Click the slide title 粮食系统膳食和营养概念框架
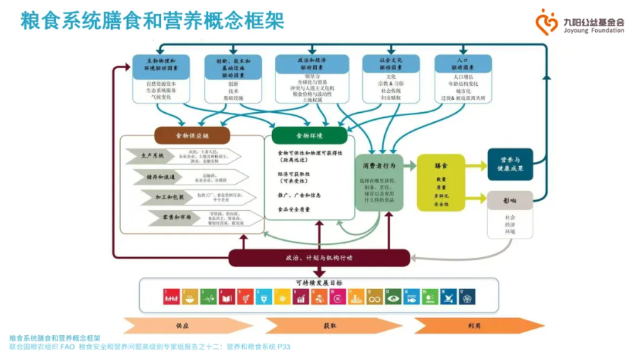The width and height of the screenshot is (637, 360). click(152, 22)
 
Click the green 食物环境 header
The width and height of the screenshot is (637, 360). click(309, 136)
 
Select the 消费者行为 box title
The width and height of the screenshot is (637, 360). click(379, 165)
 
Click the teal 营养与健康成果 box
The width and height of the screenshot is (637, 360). click(510, 164)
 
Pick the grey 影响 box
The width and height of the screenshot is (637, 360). click(509, 200)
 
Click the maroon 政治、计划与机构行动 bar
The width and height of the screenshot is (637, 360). click(319, 258)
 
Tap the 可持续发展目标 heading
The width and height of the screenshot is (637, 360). click(318, 283)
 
